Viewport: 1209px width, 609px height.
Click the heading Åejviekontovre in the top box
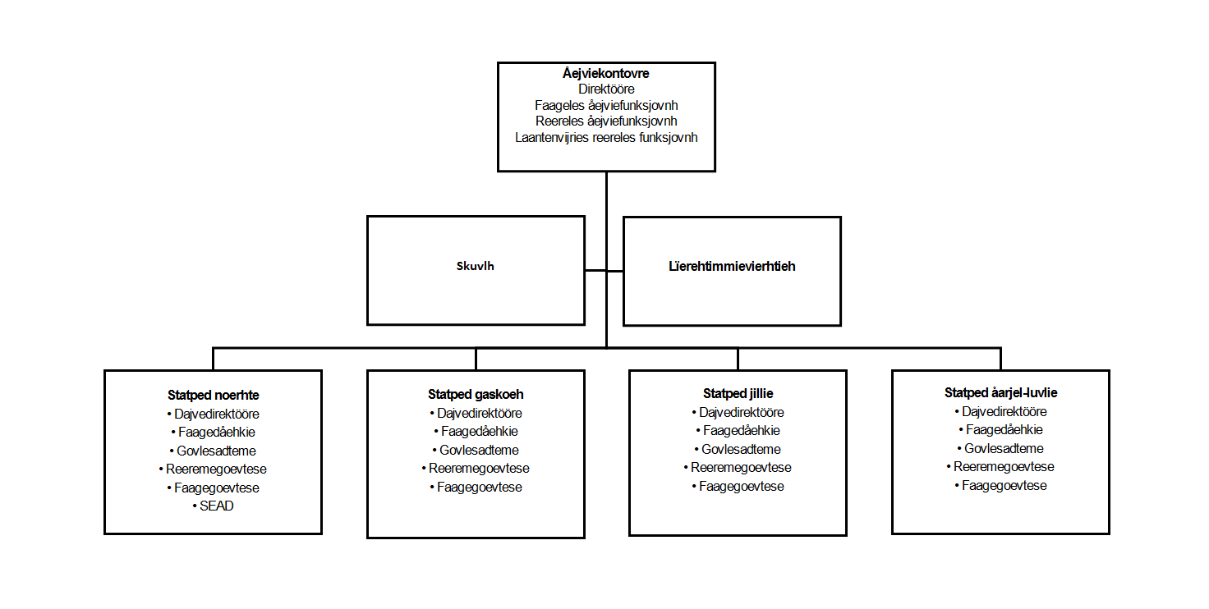point(605,73)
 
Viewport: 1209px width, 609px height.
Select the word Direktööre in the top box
point(606,89)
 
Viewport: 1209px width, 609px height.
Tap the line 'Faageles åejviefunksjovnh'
point(606,105)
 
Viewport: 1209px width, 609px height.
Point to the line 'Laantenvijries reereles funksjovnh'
point(606,138)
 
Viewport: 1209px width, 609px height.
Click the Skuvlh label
point(475,266)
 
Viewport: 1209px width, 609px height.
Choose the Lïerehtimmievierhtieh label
point(732,266)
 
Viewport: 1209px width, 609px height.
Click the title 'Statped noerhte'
point(214,396)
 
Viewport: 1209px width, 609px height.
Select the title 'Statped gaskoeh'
point(476,394)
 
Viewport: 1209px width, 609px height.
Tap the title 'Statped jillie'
point(738,394)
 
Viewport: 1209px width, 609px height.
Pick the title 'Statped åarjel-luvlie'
point(1000,392)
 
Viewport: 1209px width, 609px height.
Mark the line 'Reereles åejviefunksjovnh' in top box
point(606,121)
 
